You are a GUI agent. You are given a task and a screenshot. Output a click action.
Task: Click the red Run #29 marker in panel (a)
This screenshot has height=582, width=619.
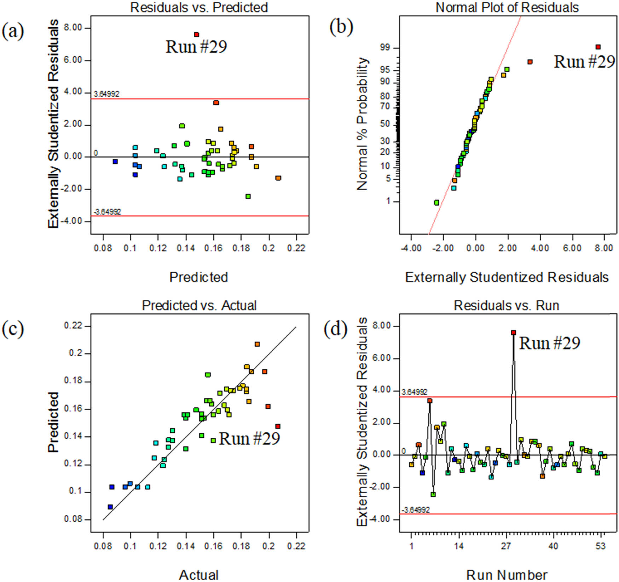click(196, 34)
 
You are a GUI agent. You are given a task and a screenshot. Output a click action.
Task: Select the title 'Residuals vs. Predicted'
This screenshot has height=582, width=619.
click(199, 7)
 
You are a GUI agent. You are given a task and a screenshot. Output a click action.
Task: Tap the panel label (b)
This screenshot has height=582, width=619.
click(341, 28)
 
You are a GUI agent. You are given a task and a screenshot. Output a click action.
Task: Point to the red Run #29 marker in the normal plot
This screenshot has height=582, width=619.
click(598, 47)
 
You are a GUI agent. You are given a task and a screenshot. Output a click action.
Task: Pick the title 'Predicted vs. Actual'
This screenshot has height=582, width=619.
click(199, 305)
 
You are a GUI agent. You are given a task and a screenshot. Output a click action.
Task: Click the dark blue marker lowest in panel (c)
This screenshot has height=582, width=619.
click(110, 507)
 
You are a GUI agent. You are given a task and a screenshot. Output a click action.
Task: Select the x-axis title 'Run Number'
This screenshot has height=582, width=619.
click(507, 575)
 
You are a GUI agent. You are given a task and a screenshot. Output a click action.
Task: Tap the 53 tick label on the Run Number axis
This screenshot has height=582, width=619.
click(600, 546)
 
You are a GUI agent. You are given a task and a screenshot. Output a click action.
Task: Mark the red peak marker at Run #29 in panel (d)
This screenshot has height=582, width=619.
click(513, 332)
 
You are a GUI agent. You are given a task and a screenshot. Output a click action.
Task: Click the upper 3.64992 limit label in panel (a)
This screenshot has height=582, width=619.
click(106, 94)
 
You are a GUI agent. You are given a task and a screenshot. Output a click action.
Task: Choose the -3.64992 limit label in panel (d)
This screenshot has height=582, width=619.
click(416, 510)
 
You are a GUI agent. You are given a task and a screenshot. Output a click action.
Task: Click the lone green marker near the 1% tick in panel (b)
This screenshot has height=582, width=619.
click(436, 203)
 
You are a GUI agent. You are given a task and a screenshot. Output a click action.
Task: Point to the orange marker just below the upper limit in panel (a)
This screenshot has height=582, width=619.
click(216, 103)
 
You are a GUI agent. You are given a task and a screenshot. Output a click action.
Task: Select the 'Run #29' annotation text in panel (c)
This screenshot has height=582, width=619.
click(249, 439)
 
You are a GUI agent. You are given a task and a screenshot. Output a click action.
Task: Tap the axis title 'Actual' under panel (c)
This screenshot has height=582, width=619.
click(198, 575)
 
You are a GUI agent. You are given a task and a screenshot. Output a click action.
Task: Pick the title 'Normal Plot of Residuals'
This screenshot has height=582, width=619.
click(507, 7)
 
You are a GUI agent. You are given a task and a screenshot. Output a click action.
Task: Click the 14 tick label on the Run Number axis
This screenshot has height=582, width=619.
click(459, 546)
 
